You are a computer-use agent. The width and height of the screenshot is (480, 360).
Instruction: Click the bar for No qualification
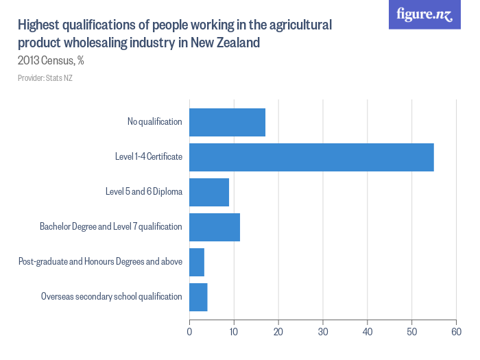pyautogui.click(x=227, y=122)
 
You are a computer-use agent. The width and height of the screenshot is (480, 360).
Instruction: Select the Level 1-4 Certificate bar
pyautogui.click(x=311, y=157)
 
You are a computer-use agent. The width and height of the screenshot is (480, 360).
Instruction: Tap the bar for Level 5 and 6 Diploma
pyautogui.click(x=209, y=192)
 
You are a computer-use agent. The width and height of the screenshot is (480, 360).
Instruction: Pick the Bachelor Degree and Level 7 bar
pyautogui.click(x=215, y=227)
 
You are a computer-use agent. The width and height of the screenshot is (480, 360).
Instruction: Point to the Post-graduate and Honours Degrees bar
pyautogui.click(x=197, y=262)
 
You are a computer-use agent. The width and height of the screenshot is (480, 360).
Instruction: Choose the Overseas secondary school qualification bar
pyautogui.click(x=198, y=297)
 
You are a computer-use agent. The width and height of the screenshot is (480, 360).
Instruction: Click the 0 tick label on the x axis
pyautogui.click(x=189, y=333)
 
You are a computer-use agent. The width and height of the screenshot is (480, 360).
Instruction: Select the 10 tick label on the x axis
pyautogui.click(x=234, y=333)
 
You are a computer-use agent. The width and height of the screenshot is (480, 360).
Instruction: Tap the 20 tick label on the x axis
pyautogui.click(x=278, y=333)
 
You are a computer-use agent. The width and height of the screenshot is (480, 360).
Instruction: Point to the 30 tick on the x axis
pyautogui.click(x=323, y=333)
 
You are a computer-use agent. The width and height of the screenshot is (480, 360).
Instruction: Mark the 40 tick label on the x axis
pyautogui.click(x=368, y=333)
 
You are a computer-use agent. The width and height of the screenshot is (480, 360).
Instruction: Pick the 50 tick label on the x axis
pyautogui.click(x=412, y=333)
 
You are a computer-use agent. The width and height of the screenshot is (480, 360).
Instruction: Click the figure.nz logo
pyautogui.click(x=425, y=15)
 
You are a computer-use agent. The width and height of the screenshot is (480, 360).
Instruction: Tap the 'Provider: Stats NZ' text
pyautogui.click(x=45, y=78)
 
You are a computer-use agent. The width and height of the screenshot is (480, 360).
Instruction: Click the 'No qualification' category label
pyautogui.click(x=154, y=122)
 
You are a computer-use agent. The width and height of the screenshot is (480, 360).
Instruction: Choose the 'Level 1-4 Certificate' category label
pyautogui.click(x=148, y=157)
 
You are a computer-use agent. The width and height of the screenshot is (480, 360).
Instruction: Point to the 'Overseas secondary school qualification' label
pyautogui.click(x=111, y=297)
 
